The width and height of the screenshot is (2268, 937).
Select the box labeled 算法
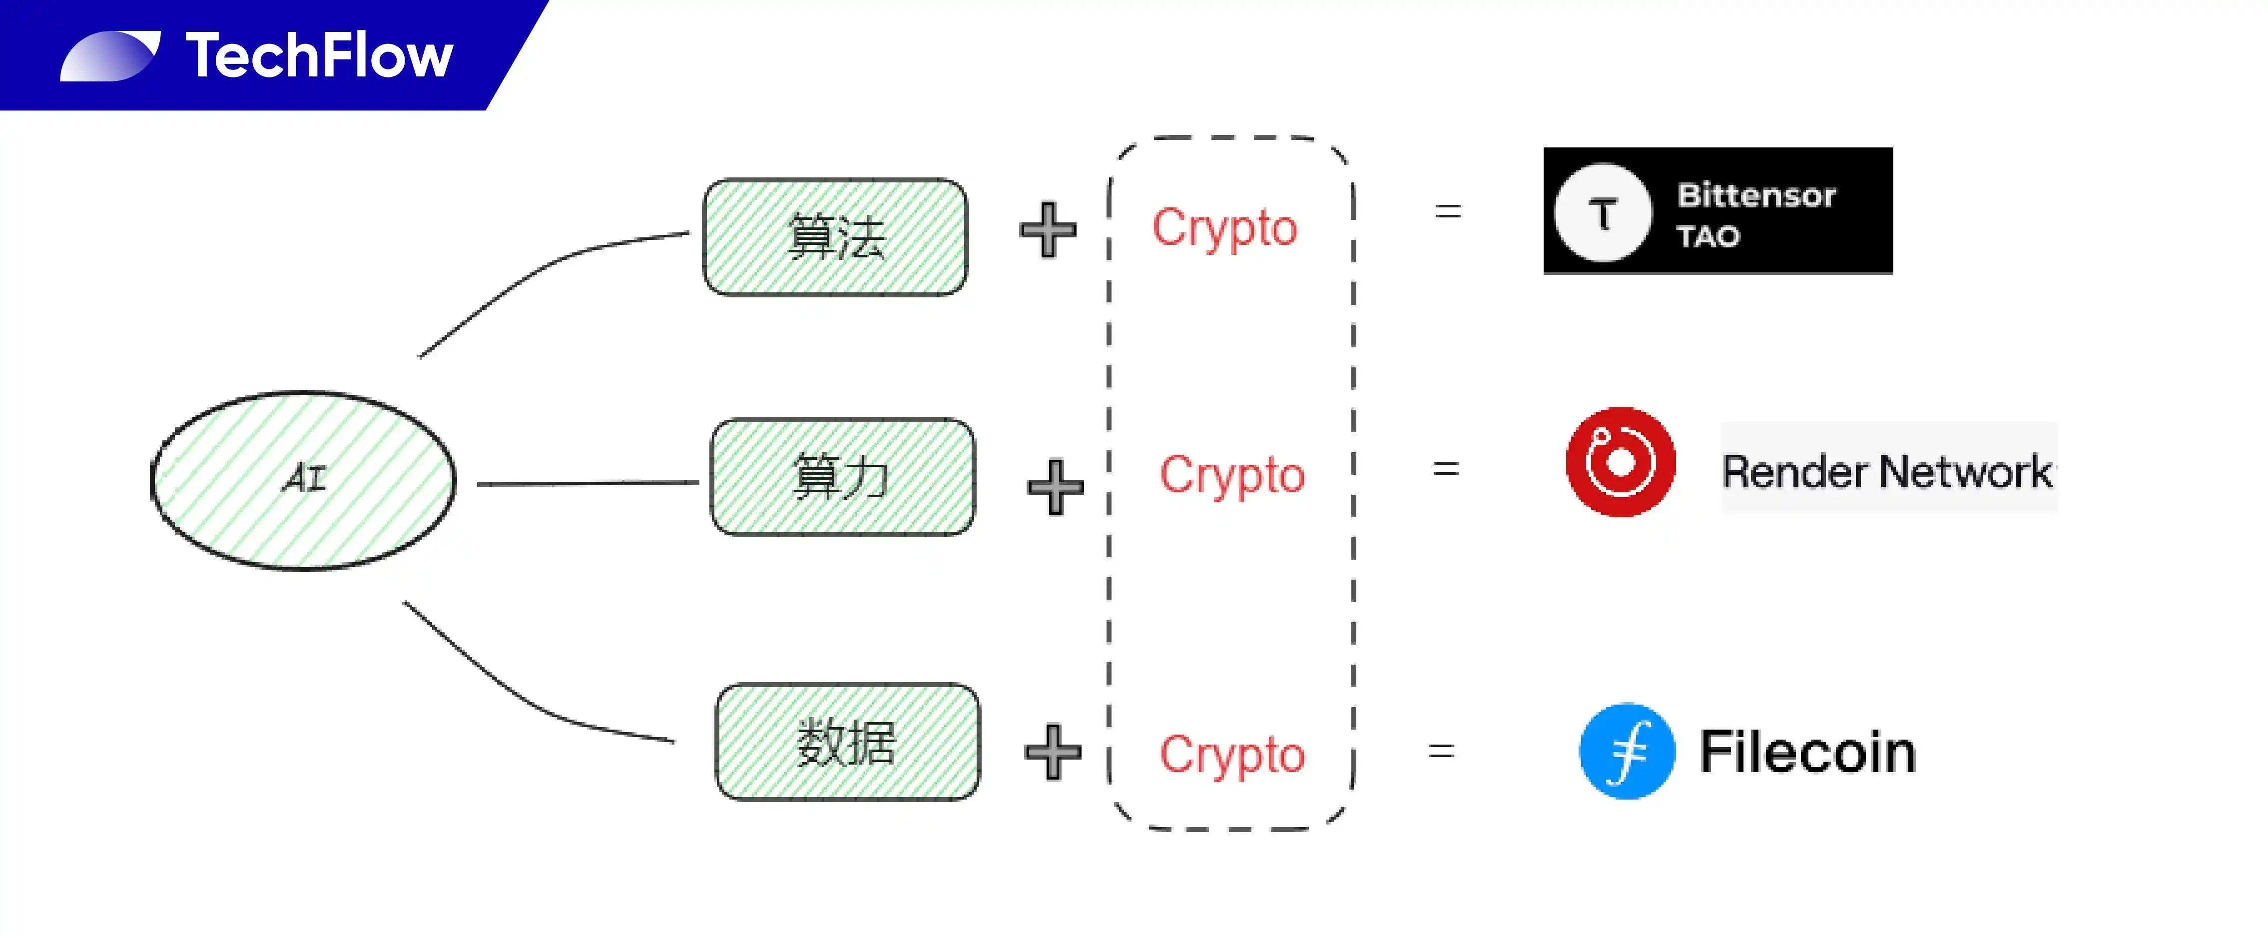coord(835,237)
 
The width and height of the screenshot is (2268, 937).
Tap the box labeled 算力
coord(843,476)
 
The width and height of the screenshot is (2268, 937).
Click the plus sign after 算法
coord(1048,230)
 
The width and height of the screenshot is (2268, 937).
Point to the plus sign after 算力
coord(1055,486)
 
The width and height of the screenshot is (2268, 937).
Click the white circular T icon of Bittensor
coord(1603,212)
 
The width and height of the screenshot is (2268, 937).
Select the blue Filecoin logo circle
coord(1627,751)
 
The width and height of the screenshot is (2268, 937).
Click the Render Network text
coord(1887,471)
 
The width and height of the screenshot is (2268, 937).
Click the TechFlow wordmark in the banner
coord(319,55)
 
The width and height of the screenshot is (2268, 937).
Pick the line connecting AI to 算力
coord(587,483)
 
